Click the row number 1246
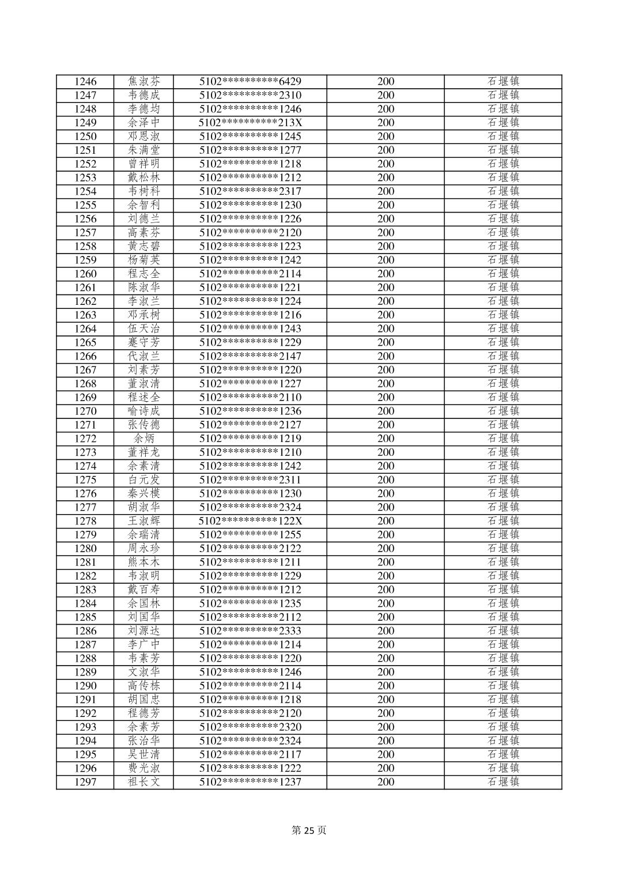tap(85, 82)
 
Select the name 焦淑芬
tap(144, 82)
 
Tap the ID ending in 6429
tap(250, 82)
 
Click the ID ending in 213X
tap(250, 123)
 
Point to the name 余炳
tap(144, 439)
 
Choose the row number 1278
tap(85, 521)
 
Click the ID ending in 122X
tap(250, 521)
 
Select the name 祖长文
tap(144, 782)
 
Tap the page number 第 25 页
tap(309, 830)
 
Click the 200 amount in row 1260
tap(386, 274)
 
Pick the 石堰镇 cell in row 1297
tap(503, 782)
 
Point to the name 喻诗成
tap(144, 411)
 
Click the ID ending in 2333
tap(250, 631)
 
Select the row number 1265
tap(85, 342)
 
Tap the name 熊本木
tap(144, 562)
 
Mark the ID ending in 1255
tap(250, 535)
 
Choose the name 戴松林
tap(144, 178)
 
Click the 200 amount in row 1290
tap(386, 686)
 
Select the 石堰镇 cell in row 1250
tap(503, 137)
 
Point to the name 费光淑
tap(144, 768)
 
